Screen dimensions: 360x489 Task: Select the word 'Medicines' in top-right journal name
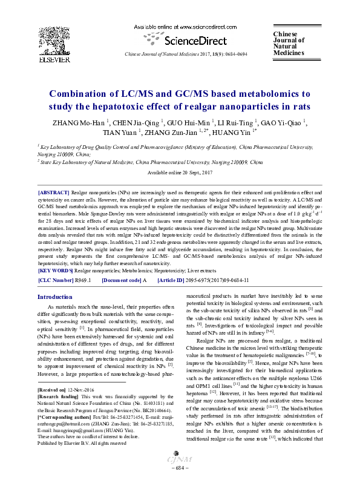[x=289, y=53]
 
